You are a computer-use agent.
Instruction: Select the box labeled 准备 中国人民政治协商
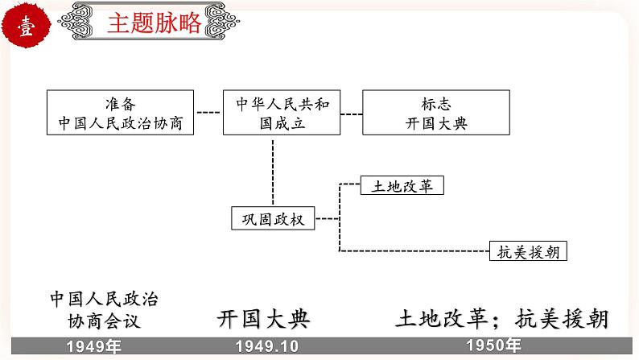(121, 113)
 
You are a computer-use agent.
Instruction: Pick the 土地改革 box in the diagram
(403, 185)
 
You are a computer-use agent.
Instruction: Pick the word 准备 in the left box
(121, 104)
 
